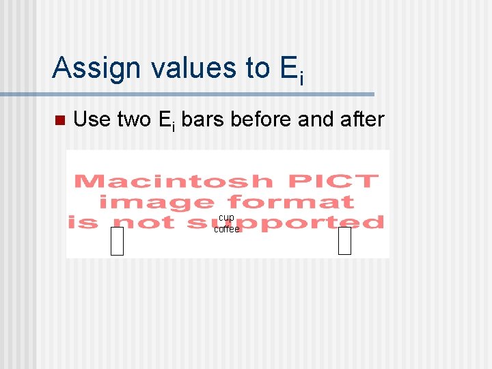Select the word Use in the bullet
click(92, 120)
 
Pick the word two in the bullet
click(134, 120)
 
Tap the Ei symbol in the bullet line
click(167, 121)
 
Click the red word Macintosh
click(173, 182)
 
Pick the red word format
click(290, 202)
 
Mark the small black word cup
click(226, 217)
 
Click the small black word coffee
click(227, 230)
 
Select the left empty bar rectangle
click(117, 241)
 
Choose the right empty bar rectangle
click(344, 241)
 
